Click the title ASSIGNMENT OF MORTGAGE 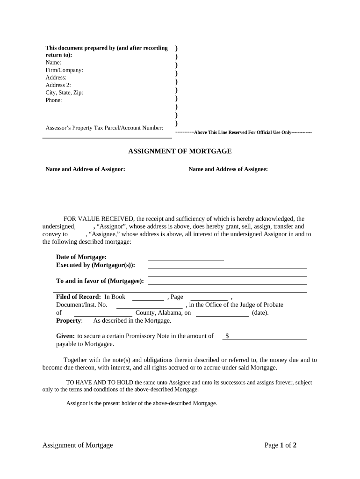click(x=180, y=151)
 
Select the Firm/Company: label click(x=64, y=70)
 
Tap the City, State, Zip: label click(x=64, y=93)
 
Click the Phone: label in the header click(x=54, y=100)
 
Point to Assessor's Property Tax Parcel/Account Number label click(x=104, y=128)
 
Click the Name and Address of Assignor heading click(x=85, y=169)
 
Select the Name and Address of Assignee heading click(x=228, y=169)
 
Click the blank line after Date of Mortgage click(x=186, y=258)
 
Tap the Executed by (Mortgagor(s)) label click(x=95, y=265)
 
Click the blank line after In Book click(x=148, y=298)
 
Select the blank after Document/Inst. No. click(x=149, y=305)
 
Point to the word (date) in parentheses click(x=260, y=313)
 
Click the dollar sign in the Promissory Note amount click(x=227, y=336)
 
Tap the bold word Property click(x=69, y=320)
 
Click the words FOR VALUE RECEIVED click(x=99, y=218)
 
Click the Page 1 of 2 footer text click(x=281, y=445)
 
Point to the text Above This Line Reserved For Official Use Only click(x=242, y=132)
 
